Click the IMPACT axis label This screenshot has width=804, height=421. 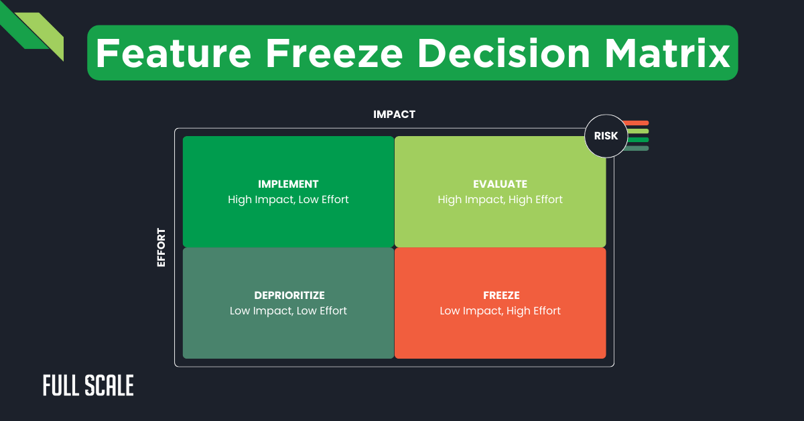[394, 115]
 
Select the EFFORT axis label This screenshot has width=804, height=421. [161, 248]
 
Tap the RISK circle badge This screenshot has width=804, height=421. [606, 135]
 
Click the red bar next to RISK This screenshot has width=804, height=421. [636, 123]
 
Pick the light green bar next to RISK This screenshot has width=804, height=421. [636, 131]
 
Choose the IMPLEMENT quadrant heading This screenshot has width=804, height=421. [288, 184]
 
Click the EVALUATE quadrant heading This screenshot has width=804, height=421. [500, 184]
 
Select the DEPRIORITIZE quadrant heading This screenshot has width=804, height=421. [288, 295]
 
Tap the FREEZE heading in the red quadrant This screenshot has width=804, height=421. [500, 295]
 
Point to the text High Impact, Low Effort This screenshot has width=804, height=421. [288, 200]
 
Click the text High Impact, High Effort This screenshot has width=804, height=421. [500, 200]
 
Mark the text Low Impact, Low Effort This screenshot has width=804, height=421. [288, 311]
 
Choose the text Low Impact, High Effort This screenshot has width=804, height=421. [500, 311]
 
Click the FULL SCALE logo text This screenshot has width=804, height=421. [88, 385]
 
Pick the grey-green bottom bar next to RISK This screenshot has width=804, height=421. [636, 148]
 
